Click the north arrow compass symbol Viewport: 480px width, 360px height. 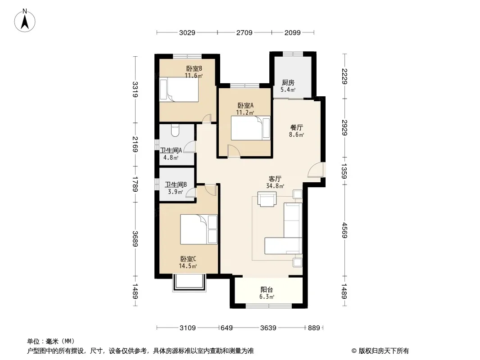tap(24, 21)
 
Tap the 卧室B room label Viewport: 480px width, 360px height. tap(194, 68)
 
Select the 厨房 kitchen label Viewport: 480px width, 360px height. tap(288, 83)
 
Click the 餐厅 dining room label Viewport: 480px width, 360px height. tap(297, 127)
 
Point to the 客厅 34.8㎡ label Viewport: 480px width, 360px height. tap(275, 182)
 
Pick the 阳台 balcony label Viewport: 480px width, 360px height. tap(267, 289)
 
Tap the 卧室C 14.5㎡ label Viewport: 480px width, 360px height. tap(188, 262)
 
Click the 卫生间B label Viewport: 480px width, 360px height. tap(176, 184)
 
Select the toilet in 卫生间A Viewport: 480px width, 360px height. tap(175, 130)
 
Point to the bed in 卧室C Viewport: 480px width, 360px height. tap(199, 229)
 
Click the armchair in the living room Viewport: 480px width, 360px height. tap(267, 199)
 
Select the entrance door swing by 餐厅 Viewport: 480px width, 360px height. tap(315, 170)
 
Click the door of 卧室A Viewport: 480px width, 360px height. tap(234, 151)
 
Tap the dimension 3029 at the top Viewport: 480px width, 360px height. tap(187, 32)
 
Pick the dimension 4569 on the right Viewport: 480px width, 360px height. tap(344, 230)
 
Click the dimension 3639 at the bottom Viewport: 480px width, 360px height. tap(268, 328)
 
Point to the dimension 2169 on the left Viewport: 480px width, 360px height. tap(135, 144)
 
